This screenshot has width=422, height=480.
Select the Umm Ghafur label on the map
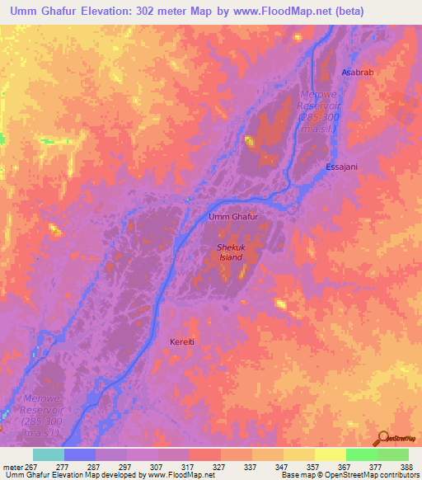pyautogui.click(x=234, y=217)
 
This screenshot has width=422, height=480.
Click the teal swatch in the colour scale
pyautogui.click(x=49, y=454)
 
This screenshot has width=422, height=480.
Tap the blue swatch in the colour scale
pyautogui.click(x=80, y=454)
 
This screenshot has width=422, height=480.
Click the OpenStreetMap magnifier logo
pyautogui.click(x=382, y=437)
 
